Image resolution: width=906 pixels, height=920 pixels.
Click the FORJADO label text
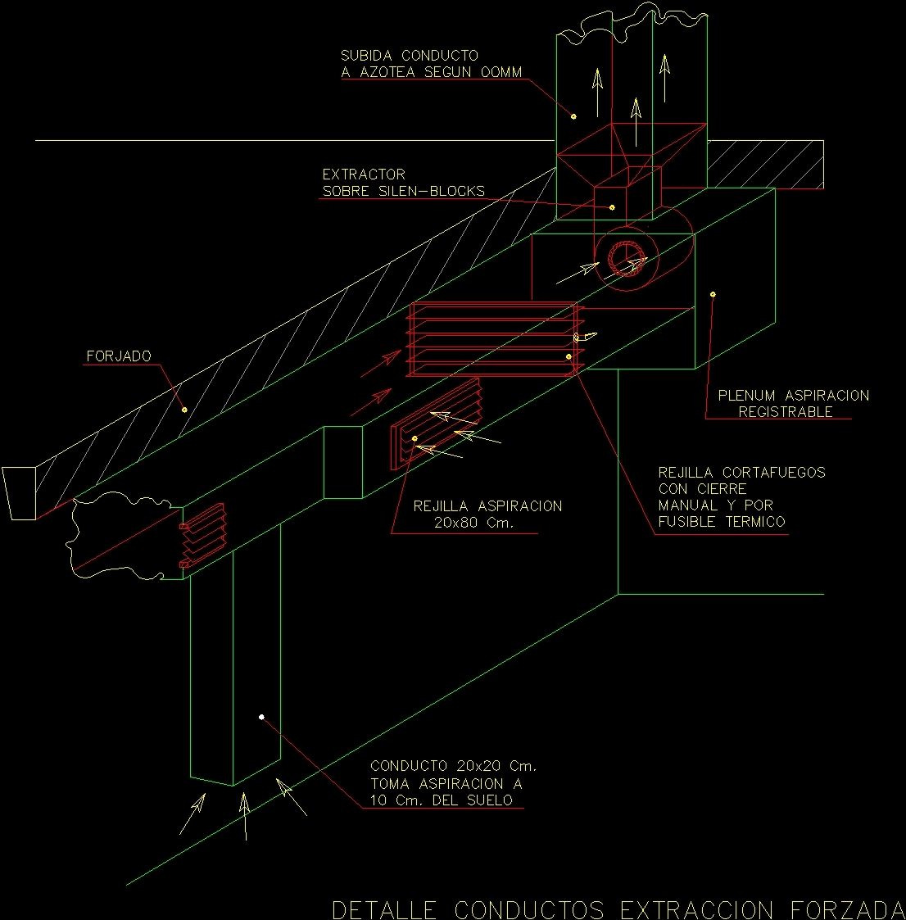[119, 356]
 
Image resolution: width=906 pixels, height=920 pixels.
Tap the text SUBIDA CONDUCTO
[410, 56]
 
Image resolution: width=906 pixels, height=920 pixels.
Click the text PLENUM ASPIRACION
[793, 396]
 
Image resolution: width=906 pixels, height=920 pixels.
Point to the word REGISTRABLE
[785, 412]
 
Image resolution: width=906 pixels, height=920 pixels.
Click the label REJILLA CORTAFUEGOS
[741, 473]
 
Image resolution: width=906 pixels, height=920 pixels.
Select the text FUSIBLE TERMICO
[722, 522]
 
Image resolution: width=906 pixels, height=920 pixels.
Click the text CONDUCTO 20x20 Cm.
[453, 766]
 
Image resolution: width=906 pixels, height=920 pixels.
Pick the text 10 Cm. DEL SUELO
[441, 800]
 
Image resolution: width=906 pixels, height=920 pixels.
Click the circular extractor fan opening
[627, 259]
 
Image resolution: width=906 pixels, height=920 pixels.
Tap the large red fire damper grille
[492, 339]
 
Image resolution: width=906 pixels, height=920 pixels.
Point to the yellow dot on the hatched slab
[184, 410]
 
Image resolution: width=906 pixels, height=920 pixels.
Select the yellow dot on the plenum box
[713, 293]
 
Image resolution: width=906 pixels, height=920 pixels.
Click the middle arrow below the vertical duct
[243, 814]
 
